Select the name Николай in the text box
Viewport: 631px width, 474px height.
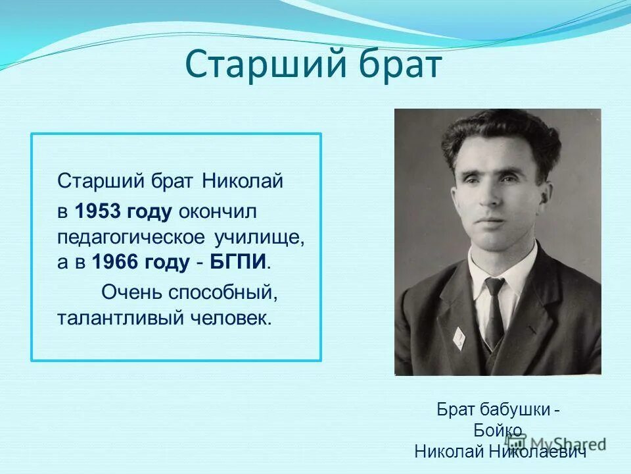click(243, 180)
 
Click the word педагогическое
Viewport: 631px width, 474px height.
click(131, 237)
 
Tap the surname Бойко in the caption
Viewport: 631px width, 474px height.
click(498, 430)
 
